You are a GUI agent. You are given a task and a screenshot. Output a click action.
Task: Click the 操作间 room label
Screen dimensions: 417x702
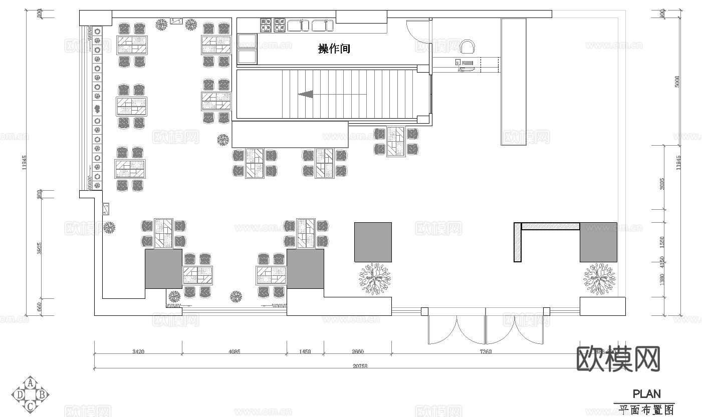point(334,49)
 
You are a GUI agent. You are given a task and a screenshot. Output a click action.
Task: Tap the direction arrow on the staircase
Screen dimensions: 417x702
point(306,94)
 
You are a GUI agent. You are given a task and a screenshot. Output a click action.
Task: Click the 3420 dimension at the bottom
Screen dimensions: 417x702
point(138,351)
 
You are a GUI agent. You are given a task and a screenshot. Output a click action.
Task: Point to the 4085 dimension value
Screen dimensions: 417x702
point(234,351)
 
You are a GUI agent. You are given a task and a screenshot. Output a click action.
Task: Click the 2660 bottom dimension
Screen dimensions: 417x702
point(357,351)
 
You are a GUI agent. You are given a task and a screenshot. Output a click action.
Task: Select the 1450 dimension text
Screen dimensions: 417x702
point(305,351)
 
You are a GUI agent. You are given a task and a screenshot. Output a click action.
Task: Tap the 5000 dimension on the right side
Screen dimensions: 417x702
point(677,81)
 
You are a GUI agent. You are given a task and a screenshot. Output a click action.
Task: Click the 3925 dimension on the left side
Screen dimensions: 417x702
point(40,248)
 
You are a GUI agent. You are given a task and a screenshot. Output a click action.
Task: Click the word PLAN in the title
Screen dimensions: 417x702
point(646,394)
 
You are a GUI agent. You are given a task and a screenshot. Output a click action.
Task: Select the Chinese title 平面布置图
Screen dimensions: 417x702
point(646,410)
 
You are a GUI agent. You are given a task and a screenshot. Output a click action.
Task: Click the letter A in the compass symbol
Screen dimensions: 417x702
point(31,383)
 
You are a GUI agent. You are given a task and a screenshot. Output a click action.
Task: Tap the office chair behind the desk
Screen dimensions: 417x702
point(467,47)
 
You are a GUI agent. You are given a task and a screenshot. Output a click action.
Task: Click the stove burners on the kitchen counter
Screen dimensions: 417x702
point(273,25)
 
